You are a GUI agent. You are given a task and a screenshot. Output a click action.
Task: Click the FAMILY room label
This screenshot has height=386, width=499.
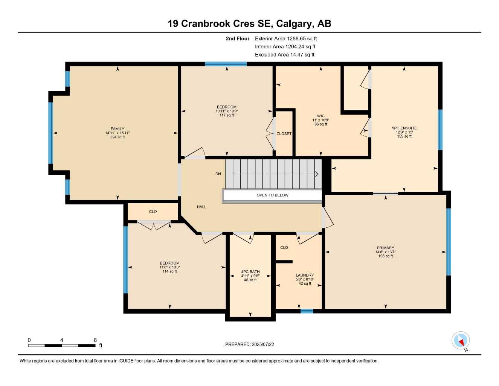click(118, 129)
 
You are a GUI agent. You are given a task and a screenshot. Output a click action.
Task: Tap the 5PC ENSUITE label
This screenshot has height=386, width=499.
click(404, 128)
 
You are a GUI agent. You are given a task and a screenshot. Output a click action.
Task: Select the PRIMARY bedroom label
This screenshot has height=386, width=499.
click(385, 248)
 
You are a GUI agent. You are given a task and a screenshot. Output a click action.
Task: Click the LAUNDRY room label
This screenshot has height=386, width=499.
click(305, 275)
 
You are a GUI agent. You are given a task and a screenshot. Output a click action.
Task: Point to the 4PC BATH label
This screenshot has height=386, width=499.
click(250, 272)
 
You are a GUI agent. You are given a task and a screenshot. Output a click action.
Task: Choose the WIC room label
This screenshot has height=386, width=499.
click(320, 116)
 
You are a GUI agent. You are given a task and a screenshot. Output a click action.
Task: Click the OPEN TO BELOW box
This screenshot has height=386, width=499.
click(272, 195)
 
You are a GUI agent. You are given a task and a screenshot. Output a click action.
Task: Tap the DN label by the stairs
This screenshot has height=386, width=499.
click(218, 174)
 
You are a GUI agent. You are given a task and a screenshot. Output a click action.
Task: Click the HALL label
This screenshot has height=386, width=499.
click(201, 207)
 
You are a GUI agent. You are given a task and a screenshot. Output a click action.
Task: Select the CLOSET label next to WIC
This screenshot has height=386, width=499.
click(284, 134)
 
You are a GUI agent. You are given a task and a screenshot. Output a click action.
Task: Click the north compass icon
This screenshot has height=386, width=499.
click(461, 341)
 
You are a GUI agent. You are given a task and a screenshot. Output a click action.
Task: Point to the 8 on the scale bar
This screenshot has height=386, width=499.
click(95, 340)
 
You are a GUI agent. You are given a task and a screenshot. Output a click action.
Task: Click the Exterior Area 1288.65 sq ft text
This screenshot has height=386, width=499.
click(286, 38)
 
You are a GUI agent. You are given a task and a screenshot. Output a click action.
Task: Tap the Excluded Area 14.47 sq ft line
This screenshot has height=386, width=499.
click(284, 55)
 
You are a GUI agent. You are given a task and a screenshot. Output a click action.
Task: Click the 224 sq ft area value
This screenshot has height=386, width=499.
click(118, 137)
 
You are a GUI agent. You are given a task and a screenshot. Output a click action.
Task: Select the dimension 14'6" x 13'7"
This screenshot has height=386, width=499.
click(385, 252)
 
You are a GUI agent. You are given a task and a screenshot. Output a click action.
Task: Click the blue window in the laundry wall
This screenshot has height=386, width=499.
click(307, 311)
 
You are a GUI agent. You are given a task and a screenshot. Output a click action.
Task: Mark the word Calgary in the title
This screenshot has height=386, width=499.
click(294, 24)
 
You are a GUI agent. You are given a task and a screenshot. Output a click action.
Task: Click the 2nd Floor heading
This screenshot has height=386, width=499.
click(237, 38)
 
